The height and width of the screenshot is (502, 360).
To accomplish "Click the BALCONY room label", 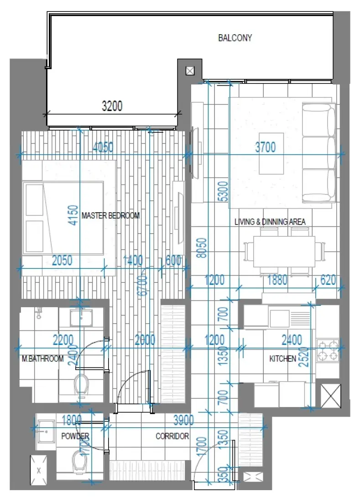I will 235,38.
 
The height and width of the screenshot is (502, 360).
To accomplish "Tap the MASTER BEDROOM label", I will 110,215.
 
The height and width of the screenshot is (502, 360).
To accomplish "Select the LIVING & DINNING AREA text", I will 270,222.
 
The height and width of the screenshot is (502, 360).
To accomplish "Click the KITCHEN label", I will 282,359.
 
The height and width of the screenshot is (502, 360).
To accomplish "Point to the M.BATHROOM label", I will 42,359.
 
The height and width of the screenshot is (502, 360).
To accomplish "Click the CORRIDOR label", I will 172,436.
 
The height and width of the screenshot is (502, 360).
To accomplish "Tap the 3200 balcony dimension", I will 112,107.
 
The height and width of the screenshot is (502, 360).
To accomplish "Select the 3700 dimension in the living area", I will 266,147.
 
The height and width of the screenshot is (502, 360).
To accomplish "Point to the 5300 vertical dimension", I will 222,192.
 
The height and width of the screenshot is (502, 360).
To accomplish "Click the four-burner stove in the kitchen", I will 328,350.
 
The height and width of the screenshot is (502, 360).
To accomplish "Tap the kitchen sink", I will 279,316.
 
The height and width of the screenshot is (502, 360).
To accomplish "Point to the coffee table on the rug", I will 271,153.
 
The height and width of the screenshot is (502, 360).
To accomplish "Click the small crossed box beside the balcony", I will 190,71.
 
